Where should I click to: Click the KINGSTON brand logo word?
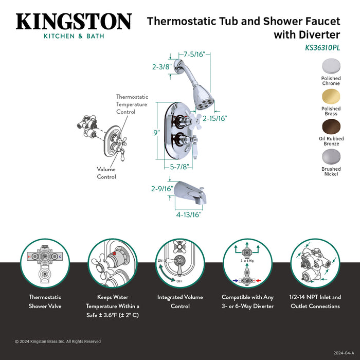tap(74, 22)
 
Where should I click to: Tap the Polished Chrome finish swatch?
tap(331, 66)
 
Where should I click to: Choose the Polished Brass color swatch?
tap(331, 96)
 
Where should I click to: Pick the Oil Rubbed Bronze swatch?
tap(331, 127)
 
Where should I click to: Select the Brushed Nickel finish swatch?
tap(331, 156)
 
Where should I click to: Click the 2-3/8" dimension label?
tap(161, 66)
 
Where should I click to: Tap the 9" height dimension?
tap(156, 132)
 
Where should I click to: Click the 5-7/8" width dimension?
tap(181, 167)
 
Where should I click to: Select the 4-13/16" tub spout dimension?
tap(189, 214)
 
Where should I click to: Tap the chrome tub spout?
tap(192, 193)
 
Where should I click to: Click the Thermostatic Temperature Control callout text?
tap(132, 104)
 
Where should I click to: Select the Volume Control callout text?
tap(106, 173)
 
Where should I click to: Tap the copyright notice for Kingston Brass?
tap(58, 341)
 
